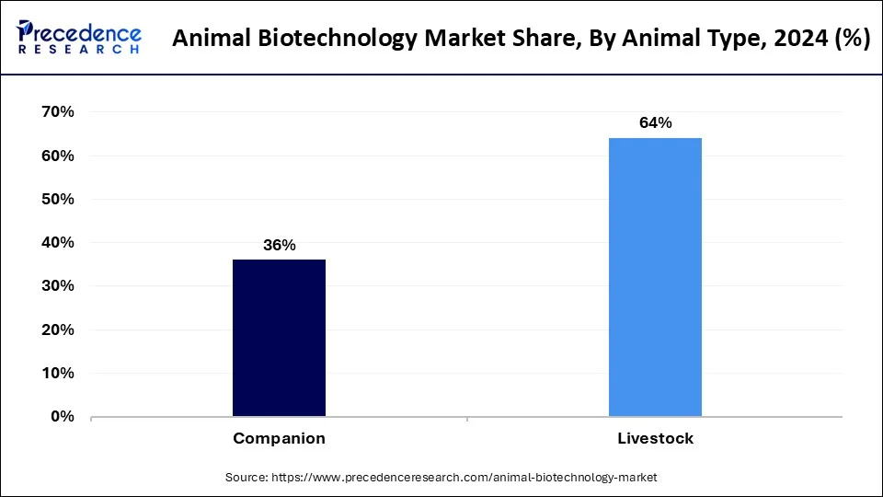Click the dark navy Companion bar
[x=279, y=338]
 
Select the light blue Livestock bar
[x=655, y=277]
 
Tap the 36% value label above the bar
[x=279, y=245]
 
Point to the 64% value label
[x=655, y=123]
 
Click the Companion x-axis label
[x=279, y=439]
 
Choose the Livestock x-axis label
[x=655, y=439]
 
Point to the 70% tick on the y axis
[x=57, y=112]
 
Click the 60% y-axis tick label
[x=57, y=156]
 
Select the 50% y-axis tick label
[x=57, y=199]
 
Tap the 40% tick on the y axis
[x=57, y=243]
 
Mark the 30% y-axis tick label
[x=57, y=286]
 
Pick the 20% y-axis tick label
[x=57, y=329]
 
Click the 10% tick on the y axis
[x=57, y=374]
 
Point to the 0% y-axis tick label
[x=62, y=417]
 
